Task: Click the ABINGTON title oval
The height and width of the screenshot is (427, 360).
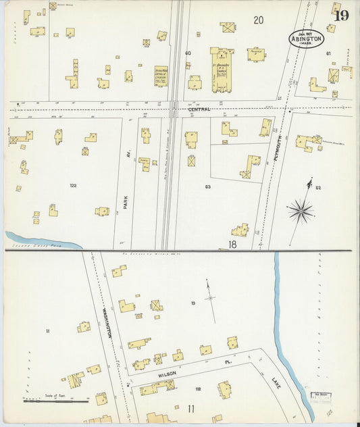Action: click(x=306, y=39)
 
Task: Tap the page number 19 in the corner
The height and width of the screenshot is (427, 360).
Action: click(x=341, y=16)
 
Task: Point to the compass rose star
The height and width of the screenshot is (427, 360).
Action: click(x=301, y=210)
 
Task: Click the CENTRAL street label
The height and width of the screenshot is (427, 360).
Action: click(x=199, y=109)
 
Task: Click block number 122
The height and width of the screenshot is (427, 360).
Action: click(x=73, y=184)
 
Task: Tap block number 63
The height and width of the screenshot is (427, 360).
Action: click(x=207, y=186)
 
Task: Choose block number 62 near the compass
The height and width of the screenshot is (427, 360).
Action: click(x=317, y=186)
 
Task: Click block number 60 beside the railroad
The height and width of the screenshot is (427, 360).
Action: click(x=188, y=53)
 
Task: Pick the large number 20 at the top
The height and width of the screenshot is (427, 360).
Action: click(x=258, y=20)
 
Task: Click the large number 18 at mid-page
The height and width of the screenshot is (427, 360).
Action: click(x=232, y=244)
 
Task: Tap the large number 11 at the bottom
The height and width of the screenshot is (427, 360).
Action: click(x=192, y=409)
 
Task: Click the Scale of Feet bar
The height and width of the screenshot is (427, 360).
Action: click(x=55, y=400)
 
